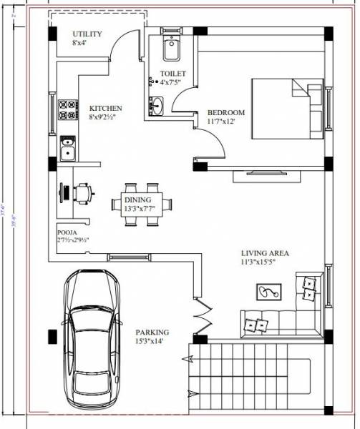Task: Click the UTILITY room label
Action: coord(87,34)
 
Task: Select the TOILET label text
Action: coord(173,74)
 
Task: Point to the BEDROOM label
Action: coord(225,112)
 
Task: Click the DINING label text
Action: coord(137,199)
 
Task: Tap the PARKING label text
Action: coord(152,332)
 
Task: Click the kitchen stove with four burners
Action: coord(67,110)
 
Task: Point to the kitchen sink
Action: coord(67,149)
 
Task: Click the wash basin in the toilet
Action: coord(156,106)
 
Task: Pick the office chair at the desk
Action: coord(83,192)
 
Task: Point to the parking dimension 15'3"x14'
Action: coord(152,342)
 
